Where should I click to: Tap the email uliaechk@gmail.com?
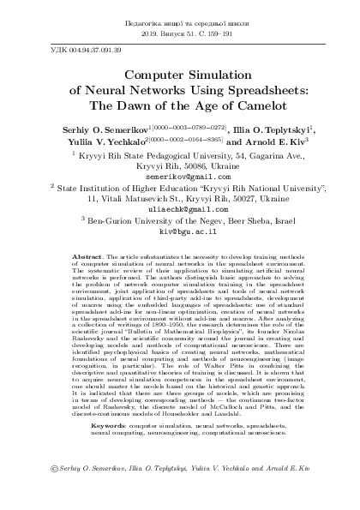(x=180, y=208)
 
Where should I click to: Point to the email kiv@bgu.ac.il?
(x=180, y=231)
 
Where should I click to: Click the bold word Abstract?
(x=88, y=256)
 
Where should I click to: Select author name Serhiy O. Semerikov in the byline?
(x=95, y=129)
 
